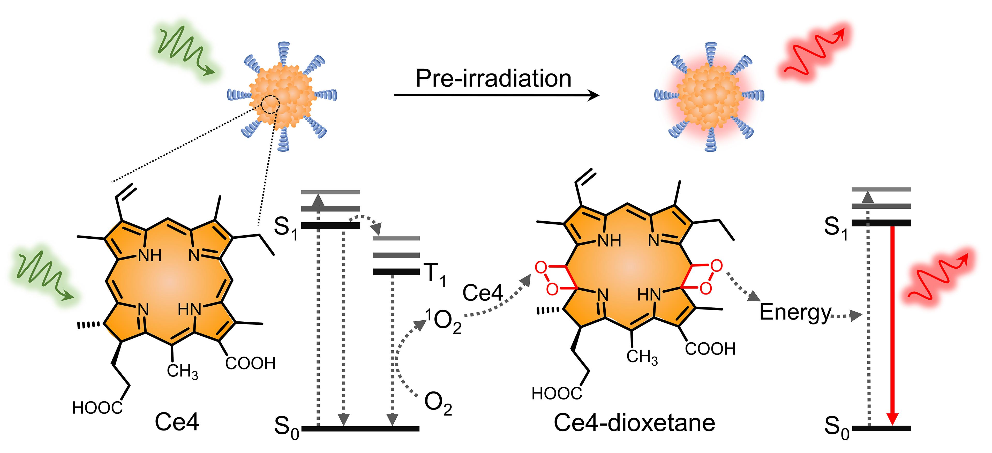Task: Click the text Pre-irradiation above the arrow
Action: point(493,79)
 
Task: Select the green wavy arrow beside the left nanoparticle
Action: point(184,49)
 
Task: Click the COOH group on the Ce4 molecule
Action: point(250,363)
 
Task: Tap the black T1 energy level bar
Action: point(396,272)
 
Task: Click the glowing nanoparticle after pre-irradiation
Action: point(709,96)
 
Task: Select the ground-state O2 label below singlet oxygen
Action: point(438,403)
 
